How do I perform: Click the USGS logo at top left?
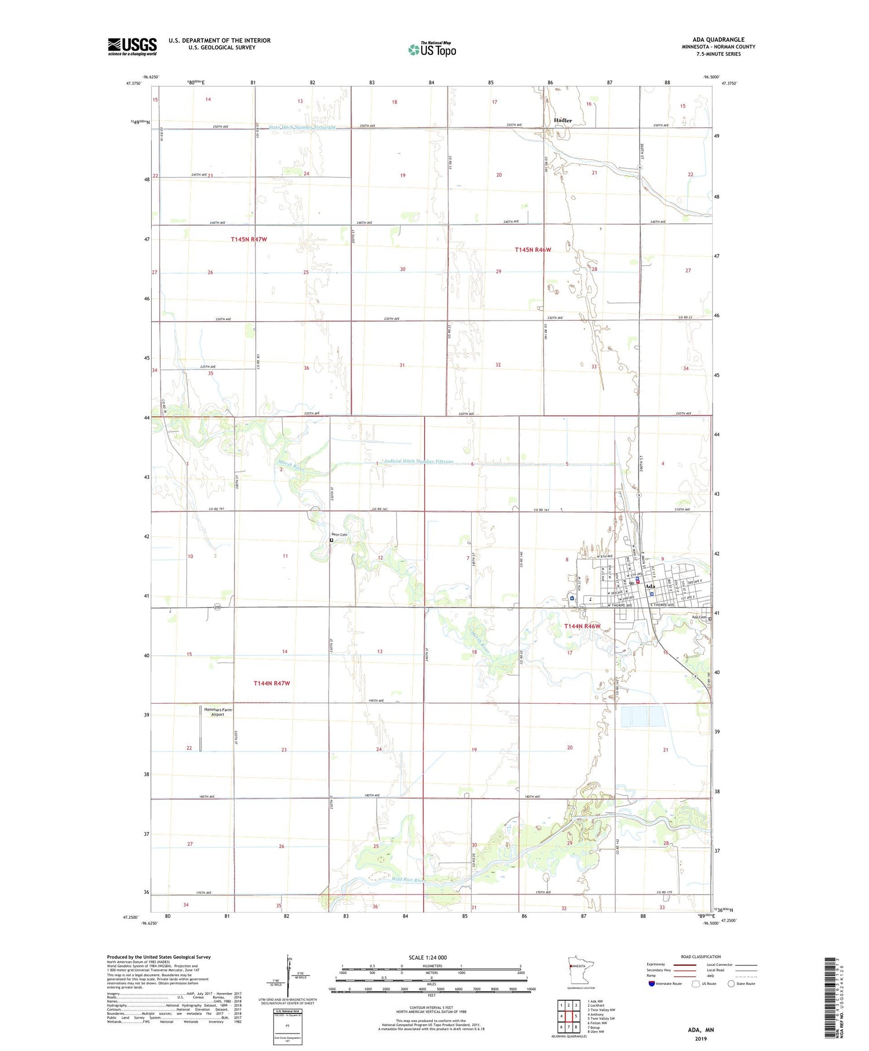[132, 46]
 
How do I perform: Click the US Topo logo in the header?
[432, 49]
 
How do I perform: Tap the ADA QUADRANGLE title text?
[718, 39]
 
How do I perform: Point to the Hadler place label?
[563, 121]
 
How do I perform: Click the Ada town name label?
[650, 586]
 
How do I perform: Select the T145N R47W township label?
[249, 239]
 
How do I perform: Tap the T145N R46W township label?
[533, 250]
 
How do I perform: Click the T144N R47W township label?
[271, 683]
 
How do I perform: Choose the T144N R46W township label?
[582, 626]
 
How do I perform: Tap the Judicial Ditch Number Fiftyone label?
[419, 461]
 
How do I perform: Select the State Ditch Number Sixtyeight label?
[302, 127]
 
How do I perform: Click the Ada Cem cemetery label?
[699, 617]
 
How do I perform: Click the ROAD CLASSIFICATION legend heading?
[700, 957]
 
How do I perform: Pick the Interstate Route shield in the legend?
[652, 983]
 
